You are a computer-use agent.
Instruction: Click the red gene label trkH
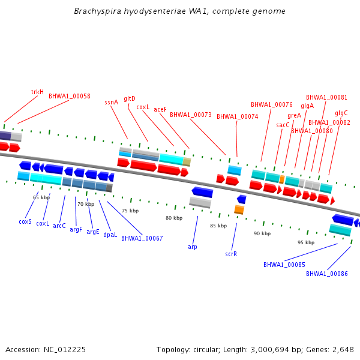point(37,92)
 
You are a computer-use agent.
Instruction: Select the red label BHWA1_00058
point(70,96)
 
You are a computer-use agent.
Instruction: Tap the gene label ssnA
point(112,102)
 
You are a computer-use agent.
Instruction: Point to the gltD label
point(130,99)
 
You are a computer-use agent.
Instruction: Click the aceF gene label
point(160,110)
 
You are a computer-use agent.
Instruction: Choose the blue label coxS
point(25,222)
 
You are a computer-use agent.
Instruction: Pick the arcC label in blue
point(59,226)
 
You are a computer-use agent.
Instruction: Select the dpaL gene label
point(110,235)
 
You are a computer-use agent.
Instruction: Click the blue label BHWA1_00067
point(142,238)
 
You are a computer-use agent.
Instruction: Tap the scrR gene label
point(231,254)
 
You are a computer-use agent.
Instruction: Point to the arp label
point(193,247)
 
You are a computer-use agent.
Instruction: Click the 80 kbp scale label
point(174,218)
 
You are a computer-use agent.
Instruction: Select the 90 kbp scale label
point(262,233)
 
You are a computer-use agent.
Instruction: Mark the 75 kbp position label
point(130,211)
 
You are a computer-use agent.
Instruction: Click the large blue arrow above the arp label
point(202,192)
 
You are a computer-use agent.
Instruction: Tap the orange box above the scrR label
point(239,210)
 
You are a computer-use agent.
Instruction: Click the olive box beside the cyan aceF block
point(187,162)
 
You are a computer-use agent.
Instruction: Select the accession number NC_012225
point(65,350)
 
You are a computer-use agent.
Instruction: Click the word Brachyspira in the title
point(98,11)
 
